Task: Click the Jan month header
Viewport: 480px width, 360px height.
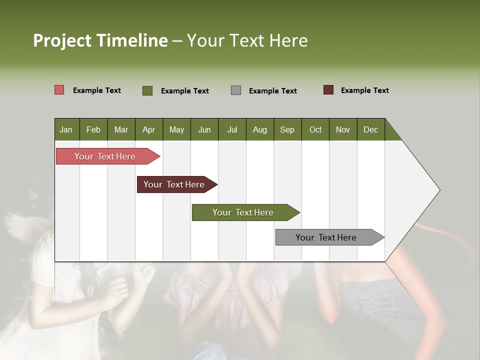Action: tap(66, 129)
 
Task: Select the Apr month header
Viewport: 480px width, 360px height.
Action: tap(149, 129)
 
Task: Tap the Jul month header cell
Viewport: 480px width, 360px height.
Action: tap(232, 129)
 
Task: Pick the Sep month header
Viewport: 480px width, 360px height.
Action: tap(287, 129)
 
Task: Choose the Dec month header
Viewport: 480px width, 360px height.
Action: tap(370, 129)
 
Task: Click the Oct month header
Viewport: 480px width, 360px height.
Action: tap(315, 129)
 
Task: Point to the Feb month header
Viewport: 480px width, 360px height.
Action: tap(93, 129)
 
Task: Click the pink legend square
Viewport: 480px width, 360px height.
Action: tap(59, 90)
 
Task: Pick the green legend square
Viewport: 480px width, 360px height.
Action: tap(147, 90)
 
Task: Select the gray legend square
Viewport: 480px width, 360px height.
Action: tap(236, 90)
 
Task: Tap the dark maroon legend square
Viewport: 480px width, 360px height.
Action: tap(328, 90)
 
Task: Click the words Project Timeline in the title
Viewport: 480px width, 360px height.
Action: tap(100, 40)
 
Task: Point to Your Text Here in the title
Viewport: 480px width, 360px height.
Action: tap(247, 40)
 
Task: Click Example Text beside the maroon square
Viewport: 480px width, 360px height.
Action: tap(364, 90)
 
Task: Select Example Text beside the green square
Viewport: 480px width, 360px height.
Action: tap(184, 91)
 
